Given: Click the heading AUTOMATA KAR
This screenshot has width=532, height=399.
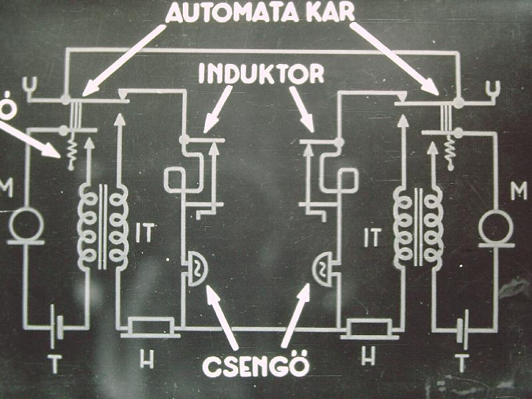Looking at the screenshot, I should pos(266,13).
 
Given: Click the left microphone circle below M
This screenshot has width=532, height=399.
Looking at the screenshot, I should pos(27,226).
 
